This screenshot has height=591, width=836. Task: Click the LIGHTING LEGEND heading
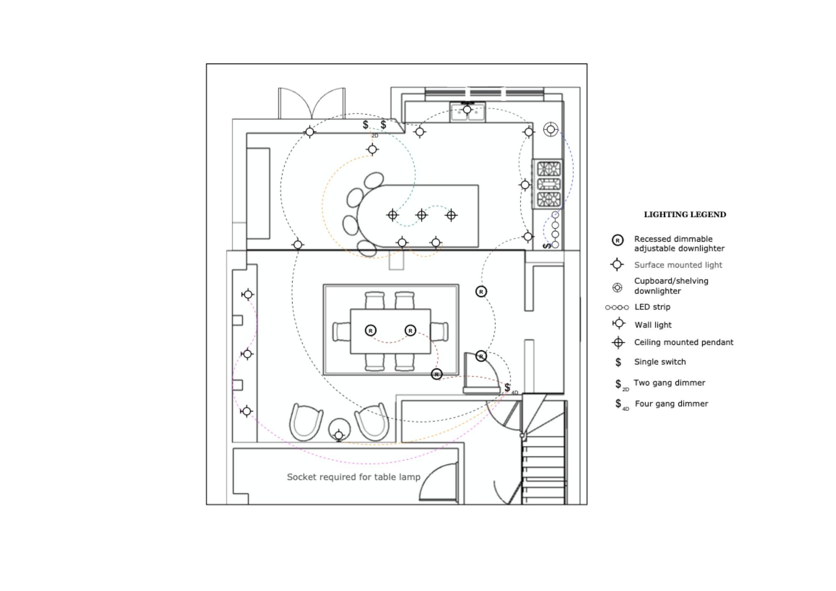pyautogui.click(x=685, y=214)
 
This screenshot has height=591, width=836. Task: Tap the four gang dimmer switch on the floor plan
pyautogui.click(x=507, y=387)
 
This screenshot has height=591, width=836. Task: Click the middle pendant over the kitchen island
pyautogui.click(x=422, y=215)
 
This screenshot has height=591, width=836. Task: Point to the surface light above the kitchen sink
pyautogui.click(x=467, y=110)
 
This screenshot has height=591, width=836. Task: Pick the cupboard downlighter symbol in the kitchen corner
pyautogui.click(x=551, y=130)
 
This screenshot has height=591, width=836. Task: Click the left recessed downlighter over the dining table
pyautogui.click(x=370, y=331)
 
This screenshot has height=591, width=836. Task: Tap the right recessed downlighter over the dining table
pyautogui.click(x=410, y=331)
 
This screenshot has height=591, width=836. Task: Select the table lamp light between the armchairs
pyautogui.click(x=339, y=436)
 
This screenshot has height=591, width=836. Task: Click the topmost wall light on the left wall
pyautogui.click(x=248, y=295)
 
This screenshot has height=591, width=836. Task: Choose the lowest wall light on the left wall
pyautogui.click(x=247, y=411)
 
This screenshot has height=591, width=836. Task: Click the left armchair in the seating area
pyautogui.click(x=306, y=422)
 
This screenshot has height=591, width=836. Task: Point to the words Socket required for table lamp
pyautogui.click(x=353, y=477)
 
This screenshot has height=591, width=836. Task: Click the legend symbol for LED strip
pyautogui.click(x=617, y=308)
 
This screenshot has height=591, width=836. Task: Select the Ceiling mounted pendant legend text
pyautogui.click(x=683, y=342)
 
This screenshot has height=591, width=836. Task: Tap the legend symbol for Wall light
pyautogui.click(x=618, y=324)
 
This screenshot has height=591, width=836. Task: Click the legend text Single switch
pyautogui.click(x=660, y=362)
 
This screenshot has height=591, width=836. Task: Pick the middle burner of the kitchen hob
pyautogui.click(x=548, y=184)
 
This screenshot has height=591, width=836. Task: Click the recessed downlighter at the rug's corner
pyautogui.click(x=436, y=374)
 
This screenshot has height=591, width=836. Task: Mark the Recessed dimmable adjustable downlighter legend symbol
pyautogui.click(x=617, y=240)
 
